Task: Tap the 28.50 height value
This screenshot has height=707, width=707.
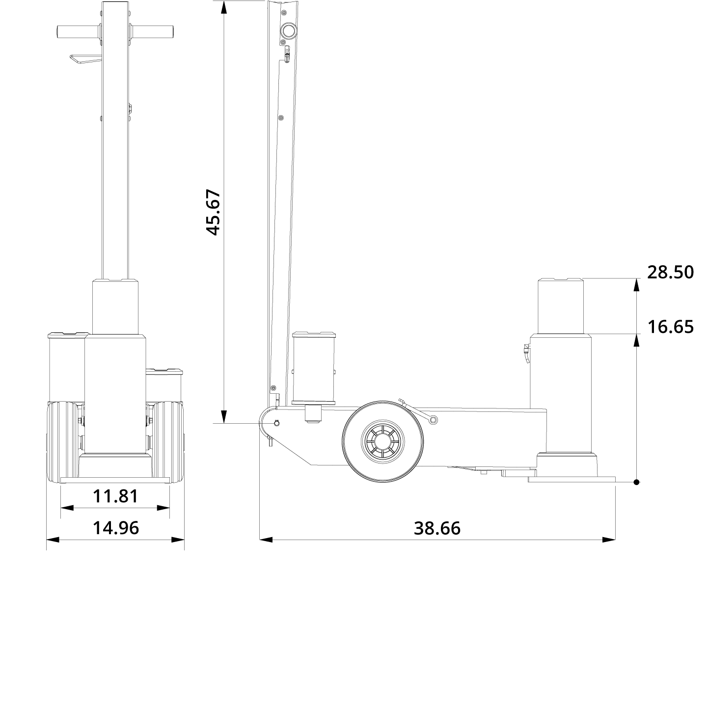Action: coord(670,272)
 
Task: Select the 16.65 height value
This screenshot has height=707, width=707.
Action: coord(670,326)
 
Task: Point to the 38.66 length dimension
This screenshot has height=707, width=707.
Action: coord(437,528)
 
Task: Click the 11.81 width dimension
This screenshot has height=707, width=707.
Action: coord(115,496)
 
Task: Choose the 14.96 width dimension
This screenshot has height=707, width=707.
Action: coord(116,528)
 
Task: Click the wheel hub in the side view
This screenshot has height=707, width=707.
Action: coord(383,438)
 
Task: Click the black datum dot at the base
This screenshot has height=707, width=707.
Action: coord(636,482)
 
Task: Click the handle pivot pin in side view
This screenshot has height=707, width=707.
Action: coord(277,423)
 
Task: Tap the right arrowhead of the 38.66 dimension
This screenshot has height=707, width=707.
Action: coord(609,540)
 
